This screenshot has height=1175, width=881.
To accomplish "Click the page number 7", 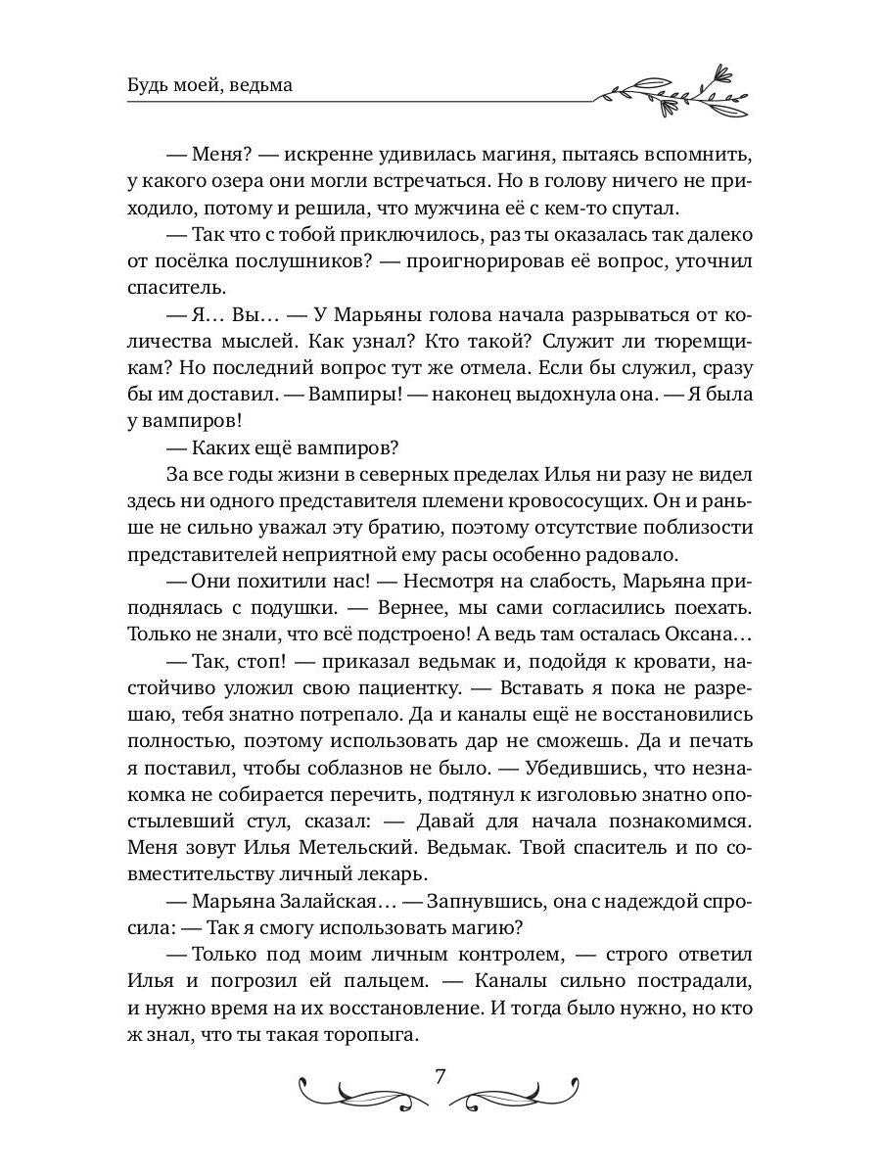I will coord(440,1078).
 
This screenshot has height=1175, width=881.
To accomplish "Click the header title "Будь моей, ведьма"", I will coord(209,85).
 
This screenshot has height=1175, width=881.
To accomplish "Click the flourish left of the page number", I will coord(362,1089).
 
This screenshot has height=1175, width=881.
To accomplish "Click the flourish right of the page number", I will coord(517,1089).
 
